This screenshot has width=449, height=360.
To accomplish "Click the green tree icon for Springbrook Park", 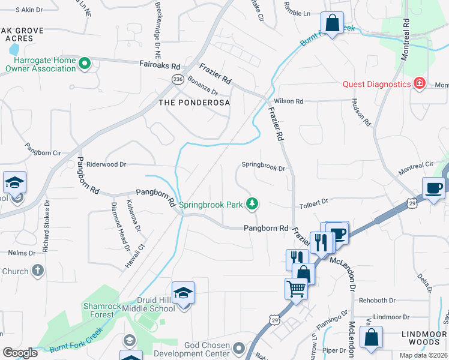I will tap(253, 205).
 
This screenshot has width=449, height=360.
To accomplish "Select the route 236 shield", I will tap(178, 79).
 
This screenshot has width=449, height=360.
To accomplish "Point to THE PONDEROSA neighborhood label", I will tap(194, 103).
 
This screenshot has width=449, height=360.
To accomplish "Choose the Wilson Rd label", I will tap(288, 101).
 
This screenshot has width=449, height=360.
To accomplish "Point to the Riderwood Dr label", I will tap(106, 164).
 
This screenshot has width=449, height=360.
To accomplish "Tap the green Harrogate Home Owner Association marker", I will tap(84, 63).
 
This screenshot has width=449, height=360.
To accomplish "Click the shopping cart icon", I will tap(295, 289).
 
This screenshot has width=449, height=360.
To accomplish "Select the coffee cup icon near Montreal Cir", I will tap(433, 188).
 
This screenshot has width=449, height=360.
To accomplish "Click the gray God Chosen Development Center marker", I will tap(239, 348).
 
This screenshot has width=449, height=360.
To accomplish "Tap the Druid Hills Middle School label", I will tap(148, 304).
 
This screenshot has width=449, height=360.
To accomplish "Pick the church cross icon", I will tap(37, 271).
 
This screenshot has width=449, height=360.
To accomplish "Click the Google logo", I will tap(20, 353).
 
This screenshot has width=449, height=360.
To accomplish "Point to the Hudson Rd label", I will tap(362, 112).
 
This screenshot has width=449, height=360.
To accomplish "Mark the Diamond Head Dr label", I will tap(119, 226).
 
